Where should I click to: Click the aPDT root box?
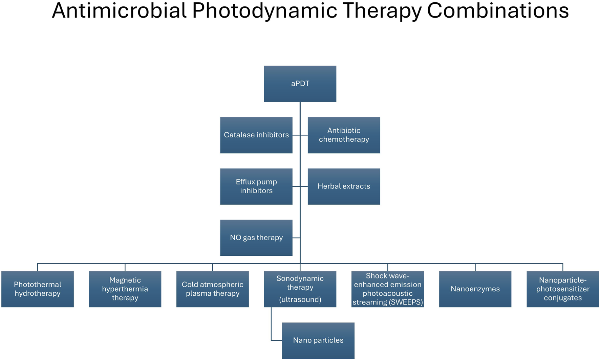(300, 84)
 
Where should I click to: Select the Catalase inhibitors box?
(256, 135)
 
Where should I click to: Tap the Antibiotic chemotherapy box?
(344, 135)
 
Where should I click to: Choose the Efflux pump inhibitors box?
(256, 186)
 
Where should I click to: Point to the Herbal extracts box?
(344, 186)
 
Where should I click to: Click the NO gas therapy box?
(256, 238)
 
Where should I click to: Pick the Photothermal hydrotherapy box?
(38, 289)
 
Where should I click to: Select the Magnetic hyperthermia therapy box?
(125, 289)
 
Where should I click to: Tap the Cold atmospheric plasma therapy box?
(213, 289)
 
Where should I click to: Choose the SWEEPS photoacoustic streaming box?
(388, 289)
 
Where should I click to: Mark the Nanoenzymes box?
(475, 289)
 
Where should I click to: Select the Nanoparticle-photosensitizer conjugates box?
(563, 289)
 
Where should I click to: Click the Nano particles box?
(318, 340)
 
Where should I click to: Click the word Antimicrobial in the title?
(119, 11)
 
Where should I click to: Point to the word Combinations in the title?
(498, 11)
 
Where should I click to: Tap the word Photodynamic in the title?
(264, 11)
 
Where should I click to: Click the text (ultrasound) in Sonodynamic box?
(300, 299)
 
